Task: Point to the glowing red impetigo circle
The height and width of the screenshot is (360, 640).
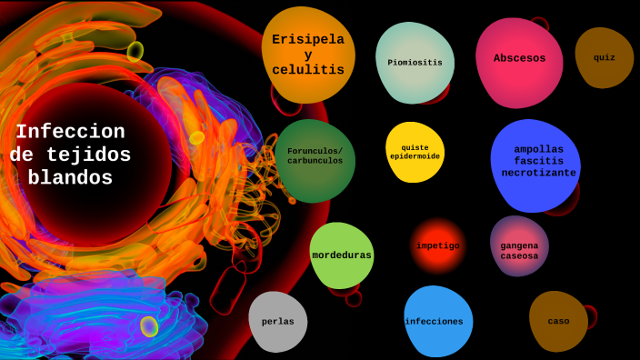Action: [438, 245]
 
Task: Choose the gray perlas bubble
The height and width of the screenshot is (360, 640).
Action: [278, 321]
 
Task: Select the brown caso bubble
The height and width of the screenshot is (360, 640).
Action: [558, 321]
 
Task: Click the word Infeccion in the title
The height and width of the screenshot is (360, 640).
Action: [70, 132]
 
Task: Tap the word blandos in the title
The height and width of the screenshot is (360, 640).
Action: [70, 178]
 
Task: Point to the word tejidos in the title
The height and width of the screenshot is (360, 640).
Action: [95, 155]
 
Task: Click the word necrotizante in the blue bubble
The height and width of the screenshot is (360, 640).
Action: [539, 173]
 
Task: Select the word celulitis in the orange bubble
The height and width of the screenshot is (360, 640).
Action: [308, 70]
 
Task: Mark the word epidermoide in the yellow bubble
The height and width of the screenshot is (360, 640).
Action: [415, 156]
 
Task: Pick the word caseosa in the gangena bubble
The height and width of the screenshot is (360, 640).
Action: [519, 256]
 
